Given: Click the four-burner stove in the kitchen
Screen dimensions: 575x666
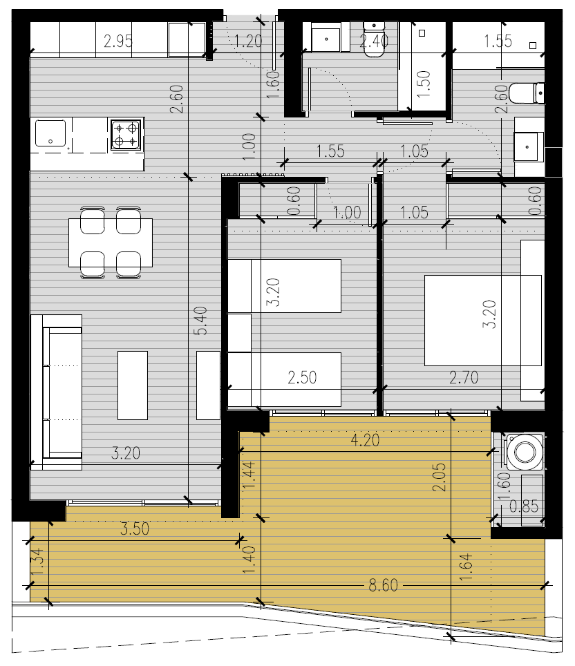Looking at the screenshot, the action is pos(126,134).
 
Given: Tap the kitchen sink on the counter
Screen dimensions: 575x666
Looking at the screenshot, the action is pos(50,133).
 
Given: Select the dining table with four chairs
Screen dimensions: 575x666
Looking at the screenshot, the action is pos(111,242).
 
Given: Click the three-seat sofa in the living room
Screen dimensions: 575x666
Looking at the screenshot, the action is pos(56,392).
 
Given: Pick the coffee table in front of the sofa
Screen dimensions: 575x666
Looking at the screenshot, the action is pos(133,385).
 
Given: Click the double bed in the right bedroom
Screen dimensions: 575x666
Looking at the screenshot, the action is pos(483,321).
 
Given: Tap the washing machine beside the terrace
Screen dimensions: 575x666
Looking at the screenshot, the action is pos(525,452).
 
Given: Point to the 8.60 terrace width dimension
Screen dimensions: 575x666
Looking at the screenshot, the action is pos(384,585).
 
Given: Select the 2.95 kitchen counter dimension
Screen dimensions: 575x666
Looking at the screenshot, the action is pos(118,41).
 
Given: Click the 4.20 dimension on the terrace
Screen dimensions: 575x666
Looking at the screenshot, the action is pos(365,440).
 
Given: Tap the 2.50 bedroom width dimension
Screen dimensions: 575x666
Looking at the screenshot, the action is pos(302,377).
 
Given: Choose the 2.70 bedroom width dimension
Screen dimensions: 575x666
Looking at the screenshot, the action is pos(464,377).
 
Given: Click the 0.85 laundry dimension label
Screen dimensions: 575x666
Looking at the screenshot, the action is pos(524,506).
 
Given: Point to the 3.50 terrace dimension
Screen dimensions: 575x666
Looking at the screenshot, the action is pos(135,529).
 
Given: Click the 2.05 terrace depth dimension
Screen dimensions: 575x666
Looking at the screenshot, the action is pos(440,477).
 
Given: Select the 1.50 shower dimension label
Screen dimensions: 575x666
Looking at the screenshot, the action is pos(424,84).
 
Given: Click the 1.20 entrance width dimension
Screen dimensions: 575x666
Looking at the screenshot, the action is pos(248,41).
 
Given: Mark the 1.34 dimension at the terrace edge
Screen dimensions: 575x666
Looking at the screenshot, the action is pos(37,562).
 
